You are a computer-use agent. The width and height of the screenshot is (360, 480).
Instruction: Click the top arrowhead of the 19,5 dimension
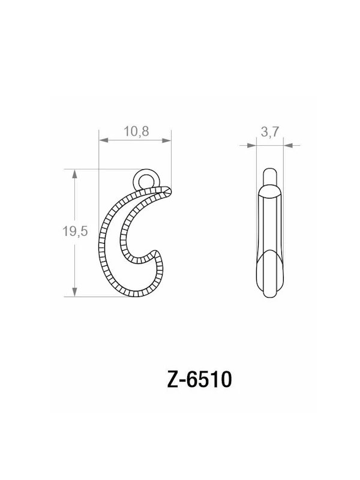pos(74,174)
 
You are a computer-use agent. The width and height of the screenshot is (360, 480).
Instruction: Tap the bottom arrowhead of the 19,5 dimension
pos(74,292)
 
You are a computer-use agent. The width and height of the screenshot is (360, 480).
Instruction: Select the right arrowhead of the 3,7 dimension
pos(289,145)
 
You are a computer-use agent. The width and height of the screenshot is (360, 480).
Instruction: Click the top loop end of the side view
pos(270,174)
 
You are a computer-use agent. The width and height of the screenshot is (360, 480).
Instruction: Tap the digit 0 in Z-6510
pos(224,380)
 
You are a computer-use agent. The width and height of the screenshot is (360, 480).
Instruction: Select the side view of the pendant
pos(270,234)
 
